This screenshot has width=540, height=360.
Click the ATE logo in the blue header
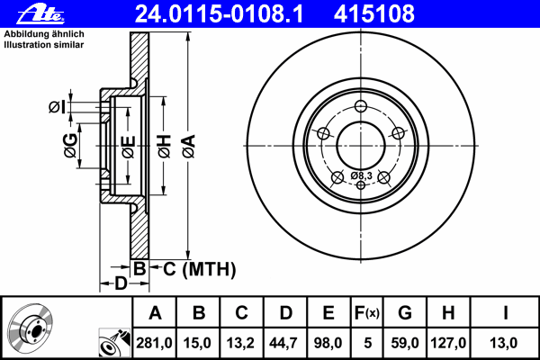(x=40, y=14)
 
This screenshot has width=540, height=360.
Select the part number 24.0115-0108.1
(x=219, y=14)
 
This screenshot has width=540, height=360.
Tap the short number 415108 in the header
(x=374, y=14)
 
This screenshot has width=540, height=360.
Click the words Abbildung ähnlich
(x=44, y=34)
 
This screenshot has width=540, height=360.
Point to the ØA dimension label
(x=189, y=147)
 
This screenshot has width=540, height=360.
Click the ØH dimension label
(x=165, y=147)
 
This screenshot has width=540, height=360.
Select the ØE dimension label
(x=128, y=147)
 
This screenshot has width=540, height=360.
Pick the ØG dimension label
(x=70, y=146)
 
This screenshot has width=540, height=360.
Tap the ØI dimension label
(x=57, y=107)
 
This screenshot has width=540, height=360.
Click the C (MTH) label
(x=200, y=269)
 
